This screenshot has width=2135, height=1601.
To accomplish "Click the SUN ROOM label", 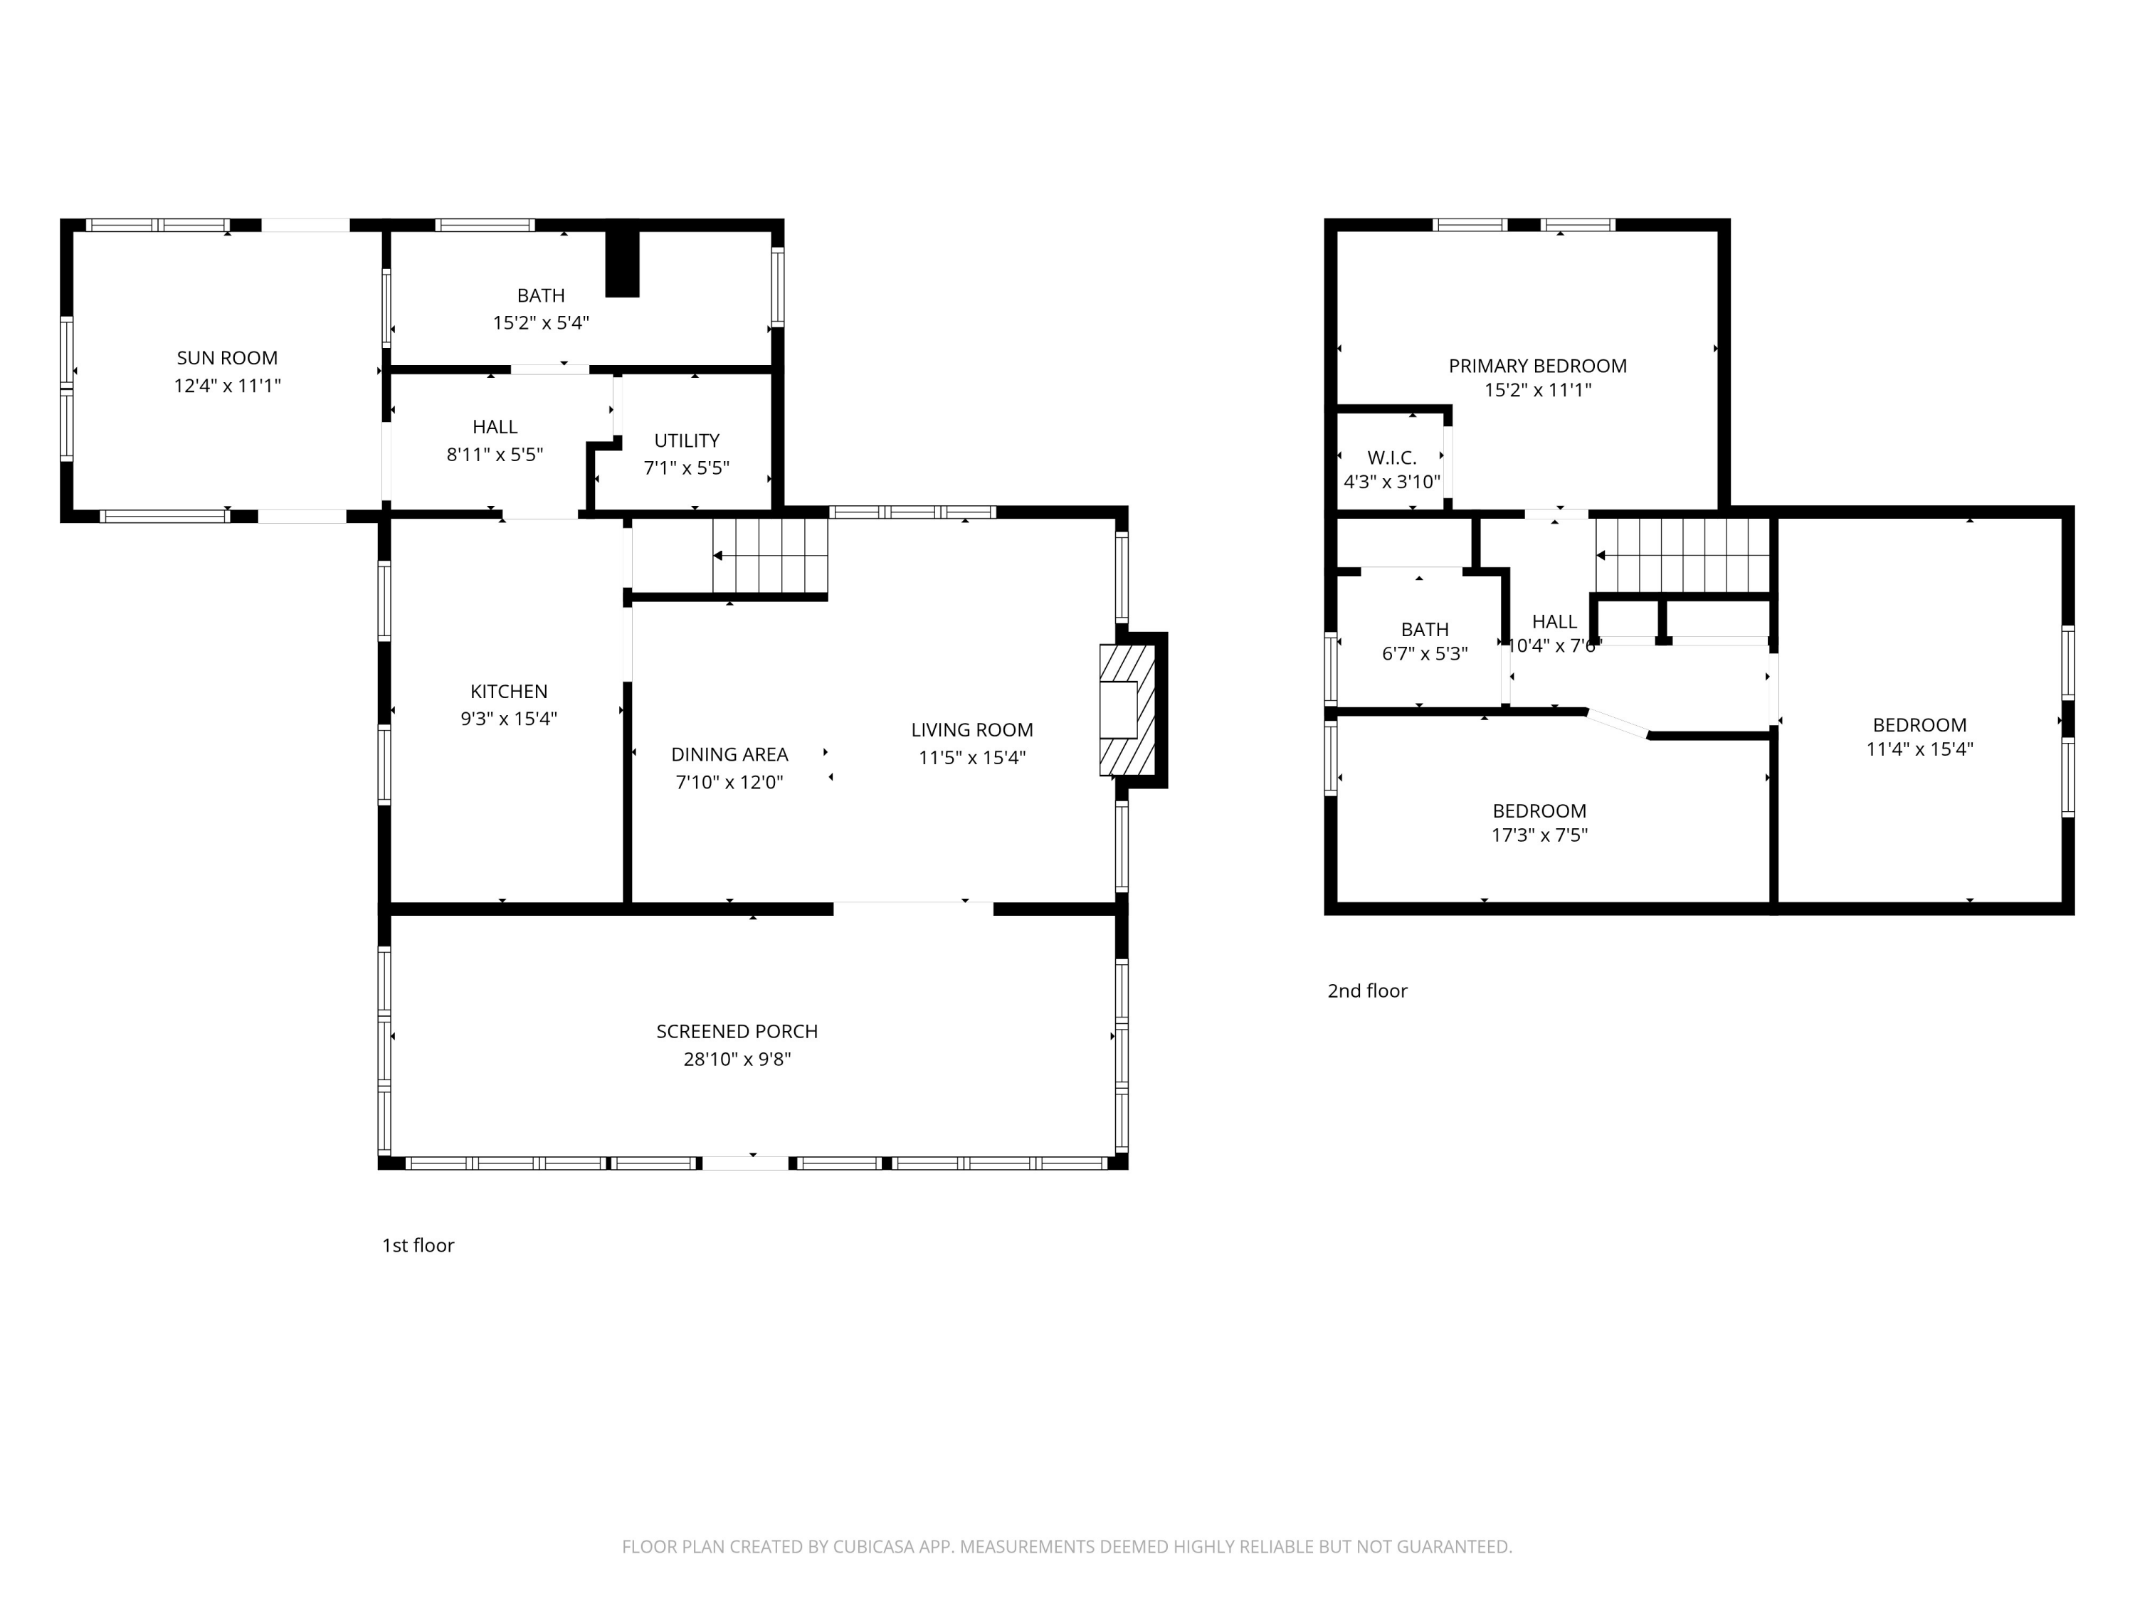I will click(x=227, y=358).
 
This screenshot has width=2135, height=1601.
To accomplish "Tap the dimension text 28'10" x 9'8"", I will click(x=737, y=1060).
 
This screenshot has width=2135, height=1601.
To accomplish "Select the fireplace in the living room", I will click(x=1127, y=710).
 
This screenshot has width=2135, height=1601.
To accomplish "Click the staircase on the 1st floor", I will click(x=770, y=556).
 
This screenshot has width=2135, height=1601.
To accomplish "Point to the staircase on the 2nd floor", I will click(x=1682, y=555).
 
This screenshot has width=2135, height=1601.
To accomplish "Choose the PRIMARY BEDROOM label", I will click(x=1536, y=366).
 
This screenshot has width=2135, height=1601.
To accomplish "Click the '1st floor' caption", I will click(x=418, y=1246).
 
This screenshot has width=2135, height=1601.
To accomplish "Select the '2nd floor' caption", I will click(x=1366, y=991).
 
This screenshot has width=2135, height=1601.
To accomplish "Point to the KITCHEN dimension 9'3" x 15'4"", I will click(x=509, y=719).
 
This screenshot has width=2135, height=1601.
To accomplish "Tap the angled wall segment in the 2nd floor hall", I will click(x=1618, y=724).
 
